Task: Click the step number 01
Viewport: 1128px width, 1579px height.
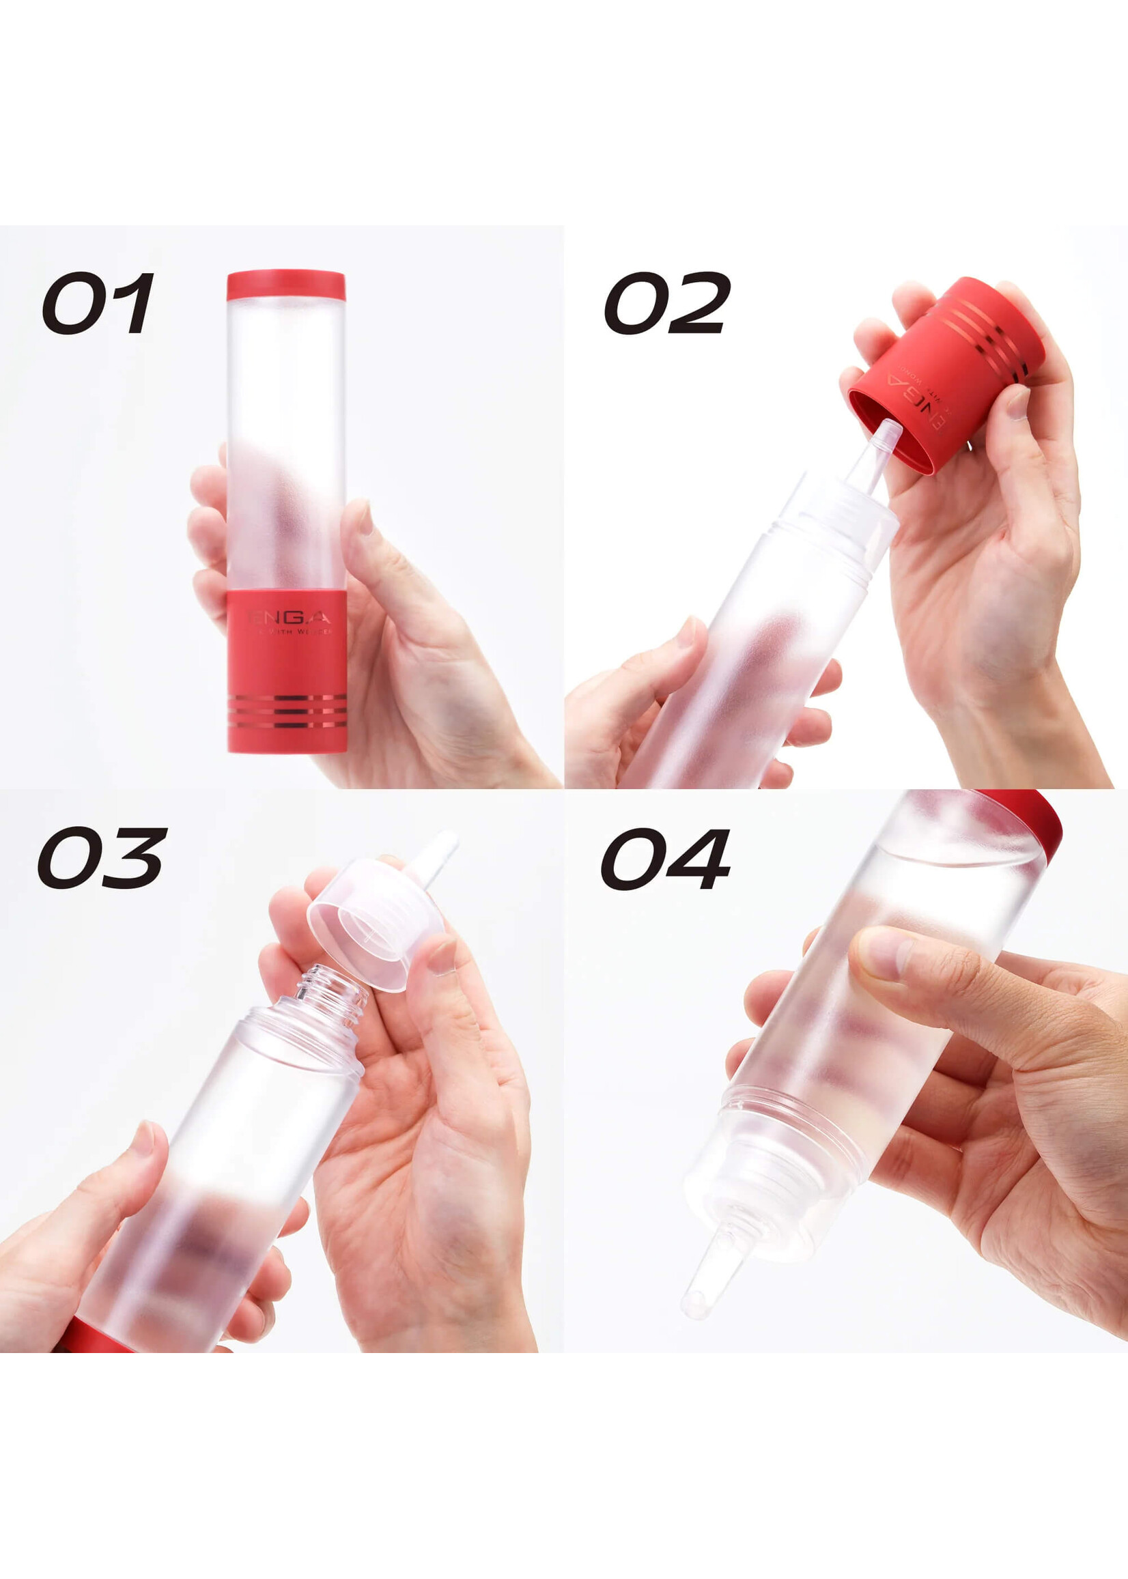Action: click(x=98, y=303)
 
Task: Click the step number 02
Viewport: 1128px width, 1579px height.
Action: click(x=667, y=303)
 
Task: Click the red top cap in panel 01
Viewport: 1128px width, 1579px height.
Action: click(x=285, y=285)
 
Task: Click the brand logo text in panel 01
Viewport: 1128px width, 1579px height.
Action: click(x=288, y=617)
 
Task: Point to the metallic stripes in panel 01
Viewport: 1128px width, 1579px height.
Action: click(x=287, y=711)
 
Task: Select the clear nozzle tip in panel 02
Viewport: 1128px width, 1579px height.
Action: click(x=882, y=451)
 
